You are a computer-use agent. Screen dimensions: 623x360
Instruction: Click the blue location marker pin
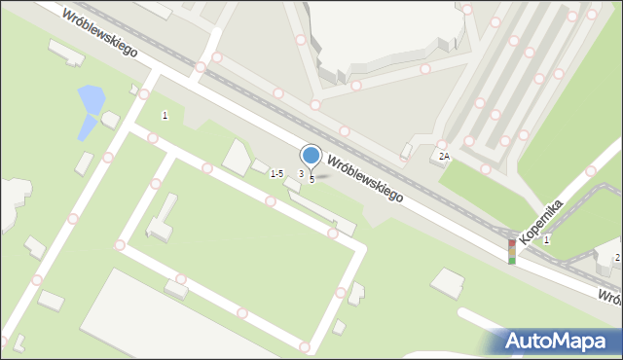click(x=311, y=156)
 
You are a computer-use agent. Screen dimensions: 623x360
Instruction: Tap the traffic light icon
click(x=512, y=251)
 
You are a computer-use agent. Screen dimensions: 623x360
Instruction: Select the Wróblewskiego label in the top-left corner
click(x=98, y=32)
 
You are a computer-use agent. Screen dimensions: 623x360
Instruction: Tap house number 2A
click(x=444, y=156)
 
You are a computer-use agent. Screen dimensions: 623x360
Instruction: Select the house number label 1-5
click(x=276, y=173)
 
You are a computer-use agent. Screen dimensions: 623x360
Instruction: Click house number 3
click(x=301, y=173)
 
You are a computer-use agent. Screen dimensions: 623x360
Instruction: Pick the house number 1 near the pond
click(x=165, y=116)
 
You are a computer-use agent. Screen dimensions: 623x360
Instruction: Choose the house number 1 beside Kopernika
click(x=547, y=239)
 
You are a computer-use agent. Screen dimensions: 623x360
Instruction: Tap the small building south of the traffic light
click(x=448, y=283)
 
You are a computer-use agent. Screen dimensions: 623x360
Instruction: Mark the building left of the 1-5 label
click(x=237, y=157)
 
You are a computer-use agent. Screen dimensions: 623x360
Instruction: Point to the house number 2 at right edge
click(x=617, y=257)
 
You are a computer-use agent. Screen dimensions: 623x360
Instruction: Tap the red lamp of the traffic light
click(x=512, y=243)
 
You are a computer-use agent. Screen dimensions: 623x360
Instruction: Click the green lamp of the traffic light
click(x=512, y=260)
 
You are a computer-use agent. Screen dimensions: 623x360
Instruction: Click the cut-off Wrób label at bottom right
click(x=609, y=297)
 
